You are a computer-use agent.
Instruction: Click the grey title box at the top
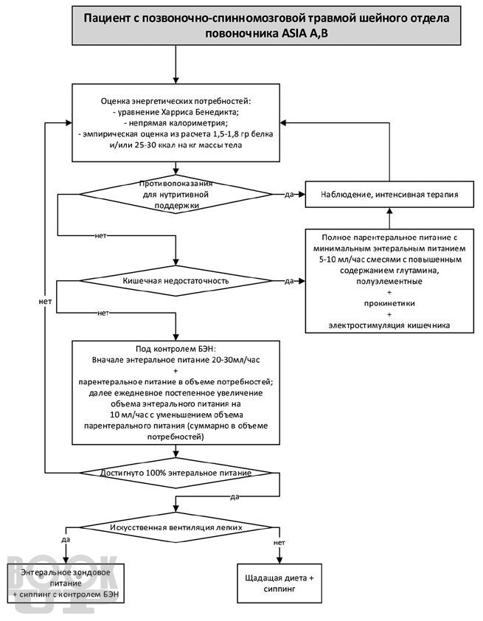(266, 25)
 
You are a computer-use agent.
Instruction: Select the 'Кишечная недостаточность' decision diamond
(176, 281)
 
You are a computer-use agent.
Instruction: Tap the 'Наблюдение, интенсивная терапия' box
(389, 195)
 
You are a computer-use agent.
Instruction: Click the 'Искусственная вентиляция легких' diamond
(176, 527)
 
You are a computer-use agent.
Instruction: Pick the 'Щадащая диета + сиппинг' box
(279, 583)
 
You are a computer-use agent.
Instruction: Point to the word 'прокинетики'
(389, 303)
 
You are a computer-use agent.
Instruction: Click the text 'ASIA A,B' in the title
(305, 33)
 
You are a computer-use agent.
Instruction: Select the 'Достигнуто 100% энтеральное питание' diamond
(176, 473)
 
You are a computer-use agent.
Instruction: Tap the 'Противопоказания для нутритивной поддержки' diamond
(176, 195)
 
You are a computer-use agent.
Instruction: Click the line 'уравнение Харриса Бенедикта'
(176, 112)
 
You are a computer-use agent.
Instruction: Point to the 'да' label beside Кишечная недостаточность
(289, 281)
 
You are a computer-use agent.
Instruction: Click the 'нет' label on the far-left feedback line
(45, 302)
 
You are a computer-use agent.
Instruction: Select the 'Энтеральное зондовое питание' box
(66, 583)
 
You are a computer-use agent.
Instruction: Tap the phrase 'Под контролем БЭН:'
(176, 349)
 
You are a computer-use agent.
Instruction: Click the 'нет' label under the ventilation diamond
(279, 543)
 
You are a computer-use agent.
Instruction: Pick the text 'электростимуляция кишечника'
(389, 325)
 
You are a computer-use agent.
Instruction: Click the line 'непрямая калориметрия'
(176, 122)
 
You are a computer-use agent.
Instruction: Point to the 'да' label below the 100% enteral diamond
(234, 496)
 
